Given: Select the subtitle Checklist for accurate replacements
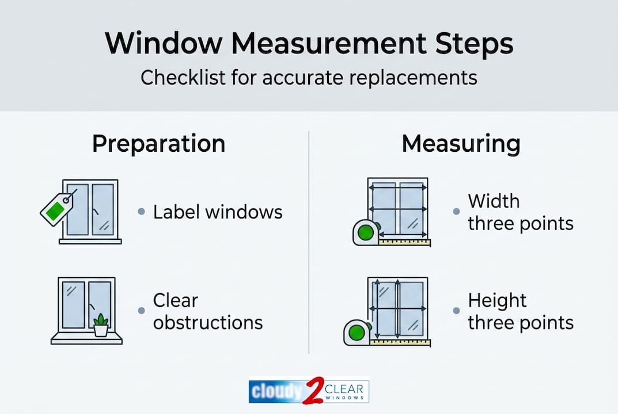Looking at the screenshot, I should point(309,76).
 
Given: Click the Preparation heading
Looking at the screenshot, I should point(158,144).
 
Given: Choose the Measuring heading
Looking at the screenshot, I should point(461,144).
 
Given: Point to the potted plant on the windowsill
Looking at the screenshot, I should point(101,325).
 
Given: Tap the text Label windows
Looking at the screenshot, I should point(218,212).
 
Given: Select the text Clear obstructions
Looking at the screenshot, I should point(207,311).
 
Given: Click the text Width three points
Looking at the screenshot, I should point(520,212).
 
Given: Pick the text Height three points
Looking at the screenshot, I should point(520,311).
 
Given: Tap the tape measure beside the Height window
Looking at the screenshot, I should point(357,332).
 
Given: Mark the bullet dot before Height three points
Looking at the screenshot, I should point(457,310).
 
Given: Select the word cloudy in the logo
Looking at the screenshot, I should point(275,392).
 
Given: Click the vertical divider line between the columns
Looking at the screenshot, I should point(309,241).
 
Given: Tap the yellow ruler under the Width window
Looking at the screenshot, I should point(405,243).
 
